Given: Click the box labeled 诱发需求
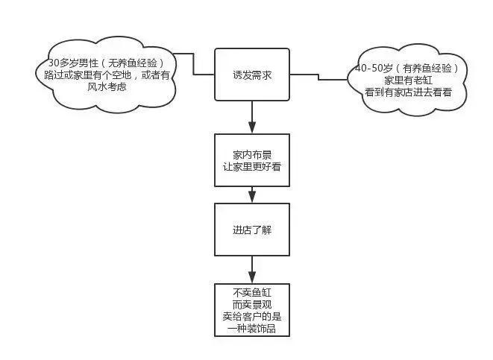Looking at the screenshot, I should point(251,75).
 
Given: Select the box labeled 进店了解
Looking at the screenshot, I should point(251,229).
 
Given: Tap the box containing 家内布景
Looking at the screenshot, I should point(251,160).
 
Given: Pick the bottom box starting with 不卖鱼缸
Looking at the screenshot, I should point(251,309).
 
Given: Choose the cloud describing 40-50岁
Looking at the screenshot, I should point(413,80).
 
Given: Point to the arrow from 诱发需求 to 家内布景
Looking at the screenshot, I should point(252,117).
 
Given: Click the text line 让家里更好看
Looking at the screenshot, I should point(251,166).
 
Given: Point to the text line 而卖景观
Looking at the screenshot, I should point(251,305).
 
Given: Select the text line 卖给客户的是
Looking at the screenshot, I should point(251,317).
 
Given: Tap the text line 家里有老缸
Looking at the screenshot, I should point(413,80).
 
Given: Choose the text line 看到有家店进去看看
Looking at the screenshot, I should point(413,92).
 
